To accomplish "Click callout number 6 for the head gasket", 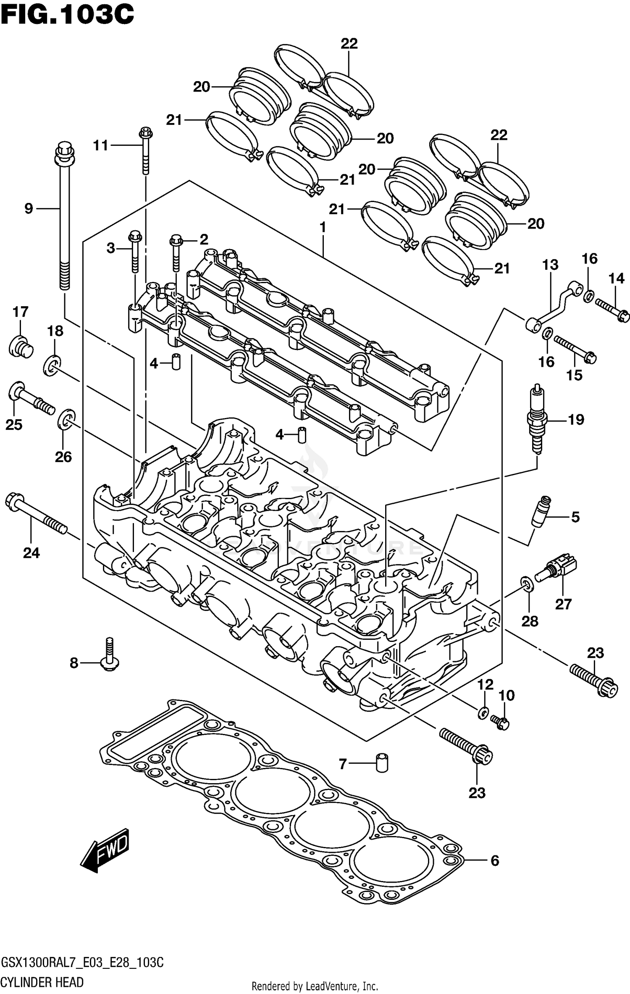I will click(x=495, y=861).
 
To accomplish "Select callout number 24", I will click(x=31, y=553).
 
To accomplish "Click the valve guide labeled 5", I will click(x=541, y=511).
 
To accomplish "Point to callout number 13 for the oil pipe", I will click(x=550, y=265).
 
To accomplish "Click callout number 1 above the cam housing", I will click(x=323, y=228).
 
